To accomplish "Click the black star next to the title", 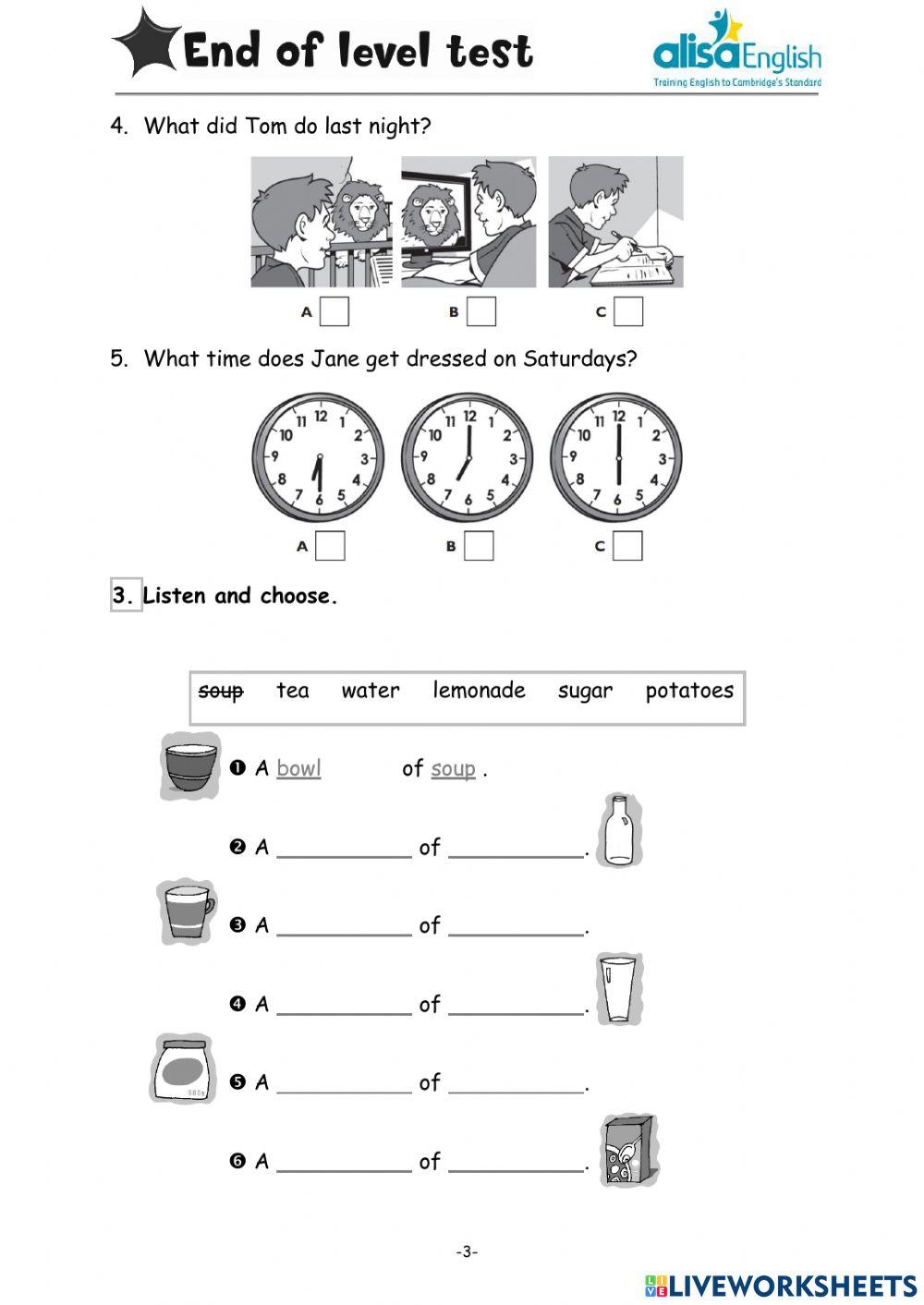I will (x=146, y=42).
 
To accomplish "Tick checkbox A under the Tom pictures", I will (x=334, y=311).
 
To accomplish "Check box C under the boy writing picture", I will (x=628, y=311).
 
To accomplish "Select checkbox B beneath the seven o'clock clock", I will (x=479, y=546).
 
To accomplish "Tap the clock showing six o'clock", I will (x=617, y=458).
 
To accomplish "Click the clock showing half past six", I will (x=319, y=458).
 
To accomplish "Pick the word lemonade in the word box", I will (x=479, y=691).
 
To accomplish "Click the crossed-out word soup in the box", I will (x=221, y=691).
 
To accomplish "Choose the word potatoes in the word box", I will (x=689, y=691).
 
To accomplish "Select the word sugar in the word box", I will (x=585, y=691).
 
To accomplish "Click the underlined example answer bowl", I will (x=298, y=768).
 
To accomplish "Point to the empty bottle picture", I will (x=619, y=830).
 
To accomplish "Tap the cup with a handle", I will (x=188, y=912).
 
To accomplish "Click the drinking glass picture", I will (x=618, y=989).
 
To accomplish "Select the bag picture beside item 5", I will (x=182, y=1069).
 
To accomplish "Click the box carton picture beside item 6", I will (x=628, y=1151).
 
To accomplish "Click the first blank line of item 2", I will (x=344, y=849).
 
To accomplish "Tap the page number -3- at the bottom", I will (x=467, y=1251).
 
